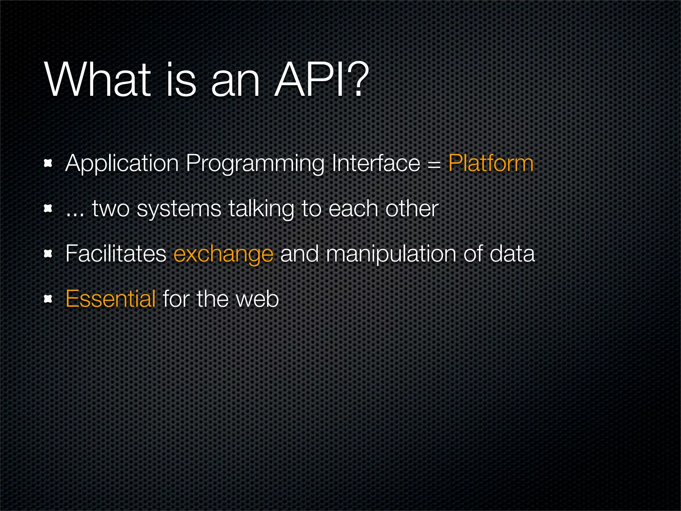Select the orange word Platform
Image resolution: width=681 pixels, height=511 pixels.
(x=491, y=163)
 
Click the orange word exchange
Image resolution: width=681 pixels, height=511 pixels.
(x=223, y=254)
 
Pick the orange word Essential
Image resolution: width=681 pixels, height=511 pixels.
(x=110, y=299)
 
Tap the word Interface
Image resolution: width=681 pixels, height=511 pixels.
(x=376, y=163)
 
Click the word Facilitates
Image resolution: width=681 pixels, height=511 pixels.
(x=116, y=254)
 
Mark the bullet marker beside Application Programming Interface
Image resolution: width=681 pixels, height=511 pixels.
(x=48, y=163)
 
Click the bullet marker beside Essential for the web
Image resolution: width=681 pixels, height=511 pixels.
(x=48, y=299)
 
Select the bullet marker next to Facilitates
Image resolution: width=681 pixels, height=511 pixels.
(x=48, y=254)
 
